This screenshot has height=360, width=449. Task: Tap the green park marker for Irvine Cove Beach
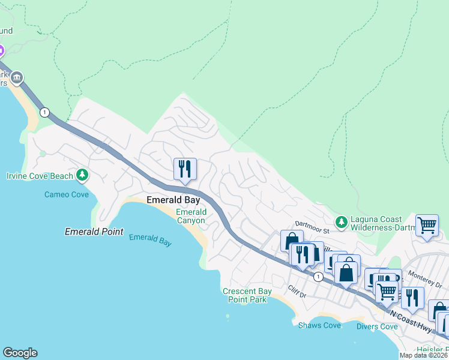point(82,176)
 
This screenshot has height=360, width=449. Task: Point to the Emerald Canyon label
point(191,217)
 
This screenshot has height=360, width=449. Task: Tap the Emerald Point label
point(94,232)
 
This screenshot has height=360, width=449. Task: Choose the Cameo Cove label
point(67,194)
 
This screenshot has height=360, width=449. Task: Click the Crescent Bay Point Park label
point(247,295)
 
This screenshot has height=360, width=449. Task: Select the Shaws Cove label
point(319,325)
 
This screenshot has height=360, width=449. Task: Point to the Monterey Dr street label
point(424,274)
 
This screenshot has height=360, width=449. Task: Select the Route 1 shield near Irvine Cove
point(44,112)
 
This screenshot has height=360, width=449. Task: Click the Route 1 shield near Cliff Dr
point(318,277)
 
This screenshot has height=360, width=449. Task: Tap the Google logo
point(20,353)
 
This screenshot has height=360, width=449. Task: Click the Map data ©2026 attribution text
point(424,355)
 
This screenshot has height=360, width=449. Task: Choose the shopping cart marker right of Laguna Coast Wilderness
point(426,226)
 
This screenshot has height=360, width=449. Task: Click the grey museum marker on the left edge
point(17,77)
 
